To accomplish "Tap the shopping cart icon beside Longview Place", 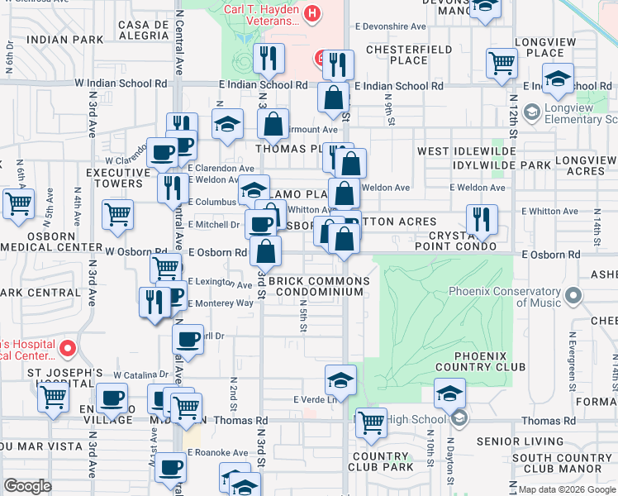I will point(502,63).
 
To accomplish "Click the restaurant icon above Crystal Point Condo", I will point(481,219).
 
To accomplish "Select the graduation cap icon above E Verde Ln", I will point(340,380).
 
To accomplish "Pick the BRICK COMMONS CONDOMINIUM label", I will point(319,286).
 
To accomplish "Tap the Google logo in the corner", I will point(29,486).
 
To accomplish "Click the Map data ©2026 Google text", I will point(566,489).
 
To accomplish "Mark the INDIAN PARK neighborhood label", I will point(65,39).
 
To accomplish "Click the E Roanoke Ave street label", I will point(217,453).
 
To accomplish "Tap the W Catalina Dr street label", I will point(144,374).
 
